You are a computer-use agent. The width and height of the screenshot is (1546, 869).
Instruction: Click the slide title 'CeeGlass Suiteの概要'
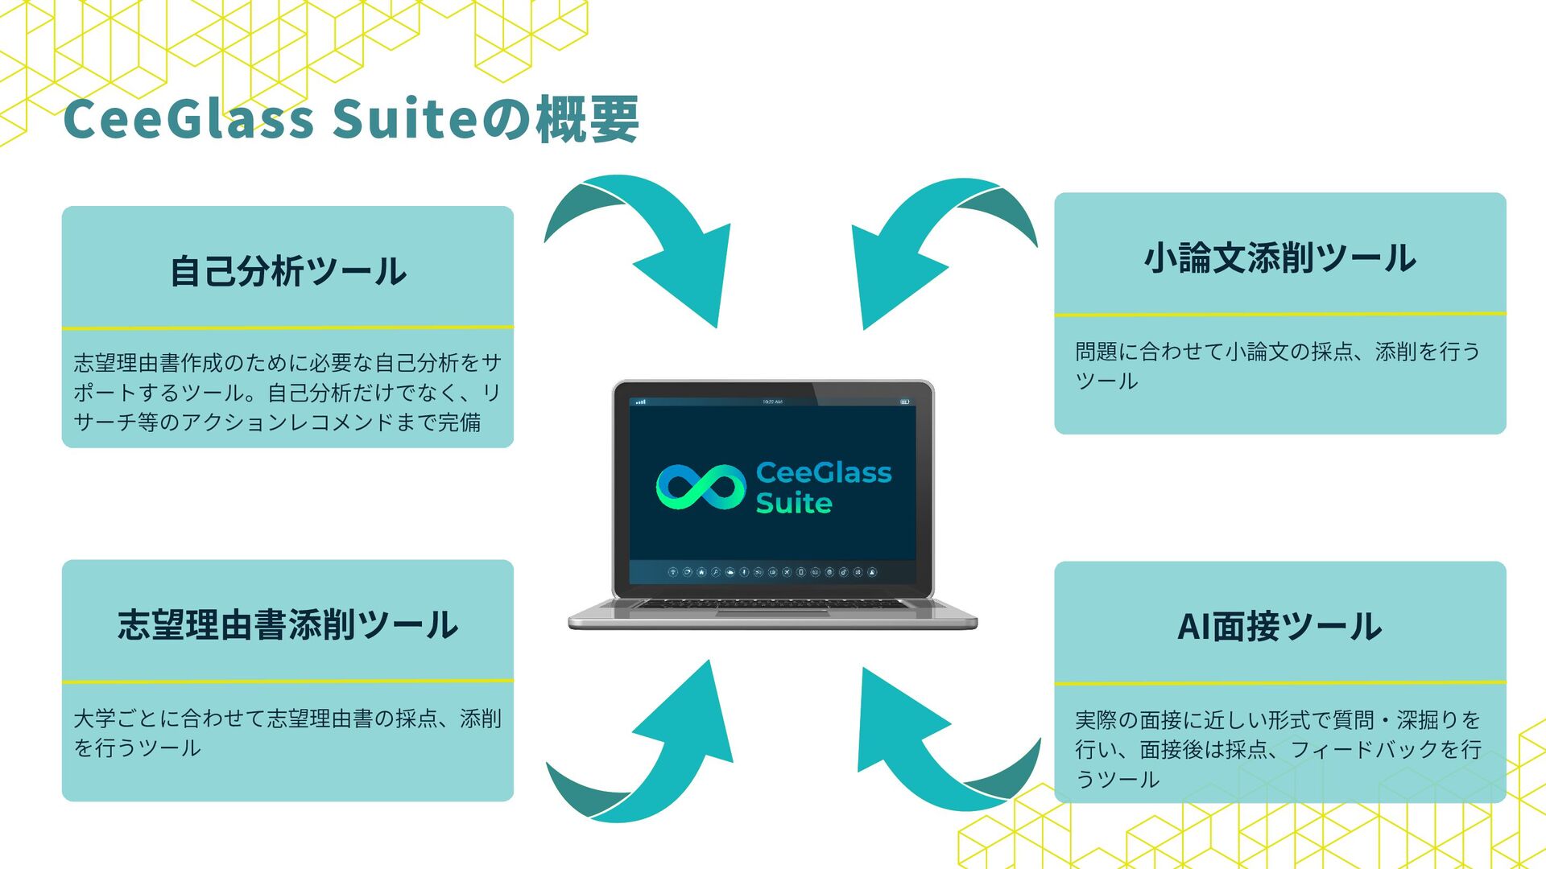pyautogui.click(x=351, y=119)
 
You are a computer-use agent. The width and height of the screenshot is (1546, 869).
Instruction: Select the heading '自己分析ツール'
pyautogui.click(x=288, y=271)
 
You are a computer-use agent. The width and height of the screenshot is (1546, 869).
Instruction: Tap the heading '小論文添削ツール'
pyautogui.click(x=1279, y=257)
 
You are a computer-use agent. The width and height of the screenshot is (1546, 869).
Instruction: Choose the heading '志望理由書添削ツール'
pyautogui.click(x=288, y=625)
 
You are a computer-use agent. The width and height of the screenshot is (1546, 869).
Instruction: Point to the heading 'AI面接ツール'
pyautogui.click(x=1279, y=627)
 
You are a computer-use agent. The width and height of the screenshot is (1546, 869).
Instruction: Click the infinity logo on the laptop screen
pyautogui.click(x=701, y=487)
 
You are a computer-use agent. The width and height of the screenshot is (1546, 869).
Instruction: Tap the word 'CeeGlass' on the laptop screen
pyautogui.click(x=824, y=472)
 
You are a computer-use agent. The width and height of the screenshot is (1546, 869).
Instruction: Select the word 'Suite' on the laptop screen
pyautogui.click(x=794, y=504)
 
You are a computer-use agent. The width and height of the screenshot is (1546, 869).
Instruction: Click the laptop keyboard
pyautogui.click(x=771, y=604)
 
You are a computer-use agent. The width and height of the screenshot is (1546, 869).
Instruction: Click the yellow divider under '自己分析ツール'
pyautogui.click(x=288, y=327)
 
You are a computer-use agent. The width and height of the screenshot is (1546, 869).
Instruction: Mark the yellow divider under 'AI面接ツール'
pyautogui.click(x=1279, y=683)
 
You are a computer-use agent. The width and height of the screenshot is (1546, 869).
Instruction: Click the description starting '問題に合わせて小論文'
pyautogui.click(x=1277, y=366)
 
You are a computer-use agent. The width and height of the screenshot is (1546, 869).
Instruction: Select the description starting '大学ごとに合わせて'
pyautogui.click(x=287, y=733)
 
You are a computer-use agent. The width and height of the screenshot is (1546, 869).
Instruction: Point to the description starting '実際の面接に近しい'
pyautogui.click(x=1278, y=749)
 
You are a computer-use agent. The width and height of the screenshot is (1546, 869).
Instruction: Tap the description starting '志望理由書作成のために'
pyautogui.click(x=287, y=393)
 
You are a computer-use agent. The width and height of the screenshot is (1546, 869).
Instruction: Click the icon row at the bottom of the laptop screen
pyautogui.click(x=772, y=572)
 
